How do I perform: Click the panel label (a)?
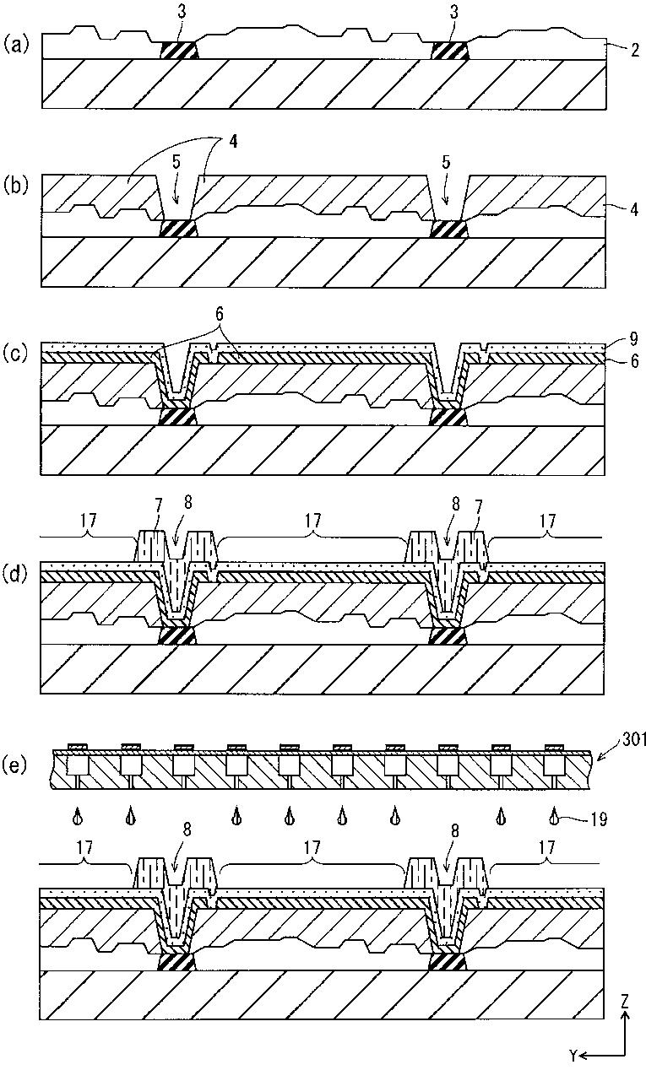pos(16,46)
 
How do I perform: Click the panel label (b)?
pos(16,186)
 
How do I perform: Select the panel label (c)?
pos(16,354)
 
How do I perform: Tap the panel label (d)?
pos(16,575)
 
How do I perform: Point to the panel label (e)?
pos(16,765)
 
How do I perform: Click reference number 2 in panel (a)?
pos(634,50)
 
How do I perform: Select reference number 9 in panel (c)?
pos(633,339)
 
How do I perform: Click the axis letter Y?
pos(573,1055)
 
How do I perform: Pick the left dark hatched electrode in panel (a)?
pos(179,51)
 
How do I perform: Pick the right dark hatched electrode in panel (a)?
pos(449,51)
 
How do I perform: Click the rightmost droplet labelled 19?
pos(554,816)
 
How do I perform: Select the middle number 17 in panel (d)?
pos(312,520)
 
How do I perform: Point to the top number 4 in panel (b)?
pos(233,142)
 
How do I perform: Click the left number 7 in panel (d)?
pos(158,505)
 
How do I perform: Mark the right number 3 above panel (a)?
pos(453,13)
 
